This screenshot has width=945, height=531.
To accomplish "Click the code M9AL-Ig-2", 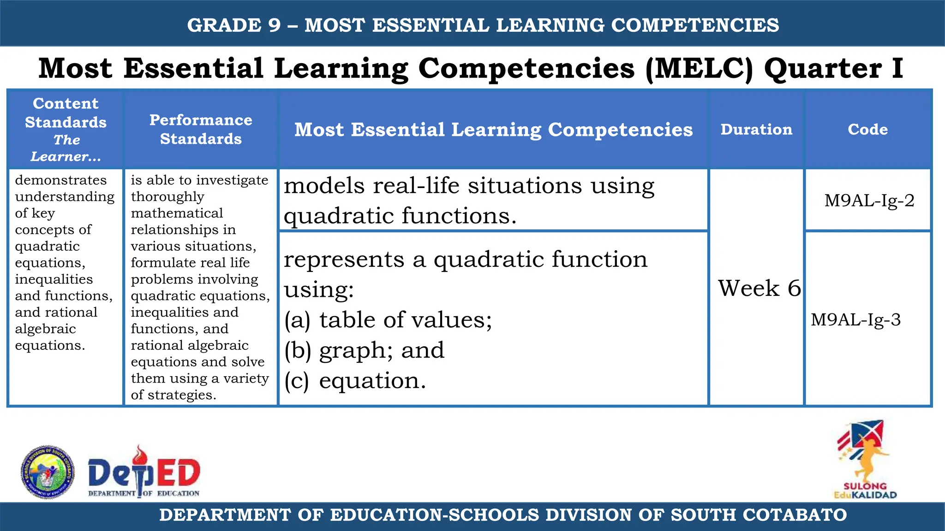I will [x=869, y=201].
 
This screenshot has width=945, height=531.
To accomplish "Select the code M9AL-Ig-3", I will [x=855, y=319].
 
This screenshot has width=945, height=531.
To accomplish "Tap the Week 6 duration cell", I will [x=759, y=288].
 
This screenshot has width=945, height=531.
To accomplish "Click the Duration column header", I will [x=756, y=130].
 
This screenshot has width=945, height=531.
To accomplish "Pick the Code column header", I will [x=867, y=130].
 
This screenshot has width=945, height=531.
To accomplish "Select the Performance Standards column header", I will [x=201, y=130].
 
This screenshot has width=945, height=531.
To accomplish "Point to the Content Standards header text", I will [x=66, y=113].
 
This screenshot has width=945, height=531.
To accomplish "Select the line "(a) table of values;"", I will [x=388, y=320].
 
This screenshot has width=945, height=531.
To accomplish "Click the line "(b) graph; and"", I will [x=364, y=350].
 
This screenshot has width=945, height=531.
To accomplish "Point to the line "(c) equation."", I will [x=355, y=381].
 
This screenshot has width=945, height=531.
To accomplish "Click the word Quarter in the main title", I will [x=823, y=68].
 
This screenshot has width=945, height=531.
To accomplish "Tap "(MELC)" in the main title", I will [x=699, y=68].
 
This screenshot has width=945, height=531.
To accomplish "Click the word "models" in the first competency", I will [x=324, y=186].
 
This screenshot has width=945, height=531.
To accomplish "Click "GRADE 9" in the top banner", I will [x=233, y=25].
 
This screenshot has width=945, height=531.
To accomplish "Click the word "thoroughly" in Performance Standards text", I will [x=167, y=197].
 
